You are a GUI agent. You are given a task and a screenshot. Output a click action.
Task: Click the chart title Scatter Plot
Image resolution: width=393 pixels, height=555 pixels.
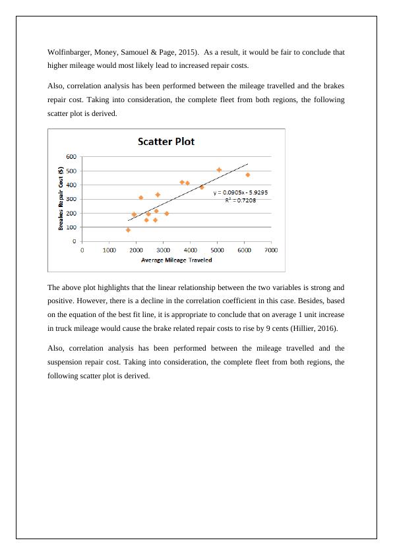tap(166, 142)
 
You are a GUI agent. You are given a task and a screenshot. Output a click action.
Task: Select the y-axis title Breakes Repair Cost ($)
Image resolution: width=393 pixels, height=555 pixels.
tap(61, 198)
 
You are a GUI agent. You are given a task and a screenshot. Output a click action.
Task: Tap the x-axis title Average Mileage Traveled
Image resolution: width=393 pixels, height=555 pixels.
tap(176, 260)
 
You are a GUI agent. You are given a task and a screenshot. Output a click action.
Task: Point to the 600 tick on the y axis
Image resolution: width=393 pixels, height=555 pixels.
tap(71, 156)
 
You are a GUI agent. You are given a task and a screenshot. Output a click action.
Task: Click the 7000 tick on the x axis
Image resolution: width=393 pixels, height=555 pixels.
tap(271, 250)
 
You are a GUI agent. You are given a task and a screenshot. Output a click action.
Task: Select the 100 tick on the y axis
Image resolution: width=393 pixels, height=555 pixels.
tap(71, 227)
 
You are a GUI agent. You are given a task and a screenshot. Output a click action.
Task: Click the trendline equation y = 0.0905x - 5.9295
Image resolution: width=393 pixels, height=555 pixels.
tap(240, 192)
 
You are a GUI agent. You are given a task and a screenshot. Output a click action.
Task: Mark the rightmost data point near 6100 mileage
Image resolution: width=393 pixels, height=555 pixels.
tap(247, 175)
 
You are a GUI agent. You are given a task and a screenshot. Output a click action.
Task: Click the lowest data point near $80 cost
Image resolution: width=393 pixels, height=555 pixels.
tap(128, 230)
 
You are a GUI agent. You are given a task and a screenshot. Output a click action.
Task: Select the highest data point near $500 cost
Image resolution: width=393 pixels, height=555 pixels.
tap(219, 169)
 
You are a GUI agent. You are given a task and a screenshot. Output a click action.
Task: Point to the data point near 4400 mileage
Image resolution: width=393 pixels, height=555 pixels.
tap(201, 187)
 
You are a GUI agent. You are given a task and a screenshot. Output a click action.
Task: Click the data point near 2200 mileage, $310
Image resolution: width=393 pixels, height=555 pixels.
tap(140, 197)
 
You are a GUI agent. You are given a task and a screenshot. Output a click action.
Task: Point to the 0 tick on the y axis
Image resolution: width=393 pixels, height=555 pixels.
tap(75, 241)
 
